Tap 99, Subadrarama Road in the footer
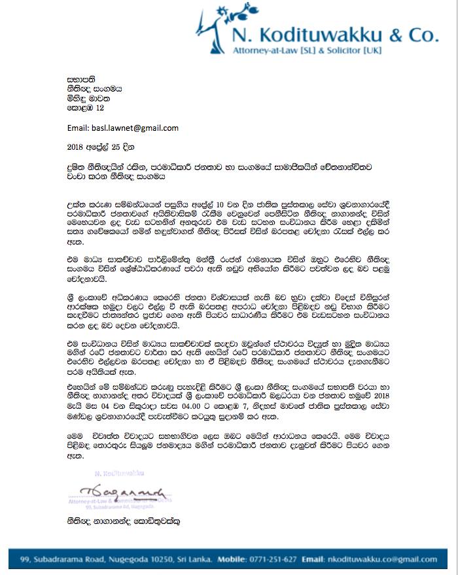[x=60, y=560]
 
